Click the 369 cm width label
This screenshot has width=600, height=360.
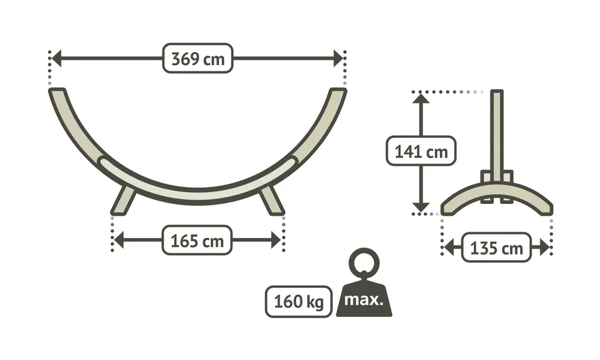[x=198, y=58]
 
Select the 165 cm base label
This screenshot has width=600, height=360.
[x=198, y=241]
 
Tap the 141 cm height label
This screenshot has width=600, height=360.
[x=421, y=151]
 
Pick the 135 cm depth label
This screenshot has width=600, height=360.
[x=496, y=248]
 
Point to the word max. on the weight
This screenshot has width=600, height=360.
[x=363, y=300]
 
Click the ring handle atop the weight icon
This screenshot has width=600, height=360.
[x=363, y=263]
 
